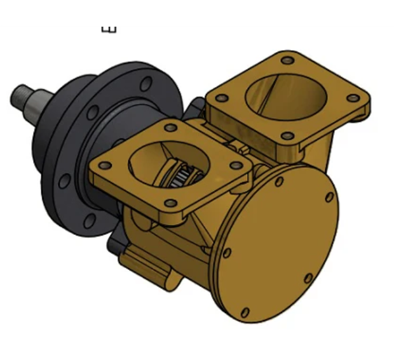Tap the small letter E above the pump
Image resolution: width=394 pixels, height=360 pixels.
109,29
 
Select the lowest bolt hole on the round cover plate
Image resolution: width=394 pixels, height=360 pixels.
245,312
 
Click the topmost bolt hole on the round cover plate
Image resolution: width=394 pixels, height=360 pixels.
279,182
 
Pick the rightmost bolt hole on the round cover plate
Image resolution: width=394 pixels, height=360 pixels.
329,197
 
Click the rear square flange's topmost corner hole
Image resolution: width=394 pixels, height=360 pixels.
288,61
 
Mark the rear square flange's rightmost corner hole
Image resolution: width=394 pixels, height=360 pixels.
354,98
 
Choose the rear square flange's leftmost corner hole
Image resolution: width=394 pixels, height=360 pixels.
221,98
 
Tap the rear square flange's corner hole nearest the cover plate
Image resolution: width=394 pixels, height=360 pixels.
287,136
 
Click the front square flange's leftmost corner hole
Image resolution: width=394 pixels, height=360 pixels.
105,166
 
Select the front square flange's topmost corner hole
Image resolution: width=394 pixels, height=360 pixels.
170,128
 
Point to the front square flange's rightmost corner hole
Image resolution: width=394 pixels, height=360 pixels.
236,165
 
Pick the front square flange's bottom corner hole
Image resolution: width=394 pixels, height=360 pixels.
171,203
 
